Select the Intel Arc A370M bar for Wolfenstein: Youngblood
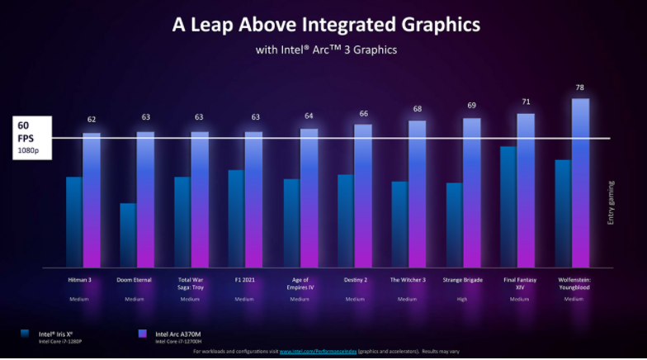point(580,182)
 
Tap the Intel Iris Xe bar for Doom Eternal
point(128,234)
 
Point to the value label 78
point(580,88)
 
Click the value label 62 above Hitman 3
point(92,120)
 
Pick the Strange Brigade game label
point(464,280)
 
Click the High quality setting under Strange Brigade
point(464,299)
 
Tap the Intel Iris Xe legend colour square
point(26,334)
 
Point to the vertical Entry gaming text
point(612,202)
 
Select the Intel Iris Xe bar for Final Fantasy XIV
point(508,206)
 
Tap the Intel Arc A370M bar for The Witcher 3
point(418,193)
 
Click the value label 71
point(526,102)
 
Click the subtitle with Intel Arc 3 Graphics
point(326,50)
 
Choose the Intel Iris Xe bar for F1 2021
point(236,218)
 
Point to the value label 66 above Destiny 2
point(363,113)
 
